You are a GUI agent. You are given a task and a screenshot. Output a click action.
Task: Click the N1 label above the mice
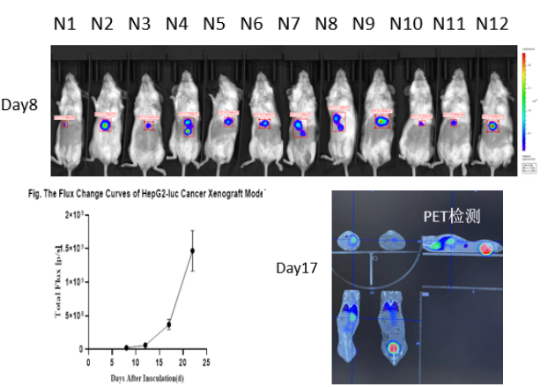pos(63,24)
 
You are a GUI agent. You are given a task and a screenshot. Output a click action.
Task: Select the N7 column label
pos(290,24)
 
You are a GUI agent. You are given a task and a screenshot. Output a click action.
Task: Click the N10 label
pos(406,24)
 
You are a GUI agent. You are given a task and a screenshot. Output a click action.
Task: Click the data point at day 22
pos(192,250)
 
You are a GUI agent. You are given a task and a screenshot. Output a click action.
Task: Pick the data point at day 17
pos(168,324)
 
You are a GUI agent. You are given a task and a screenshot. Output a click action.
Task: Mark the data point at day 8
pos(127,347)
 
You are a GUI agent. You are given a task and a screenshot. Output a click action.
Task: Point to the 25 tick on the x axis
pos(206,359)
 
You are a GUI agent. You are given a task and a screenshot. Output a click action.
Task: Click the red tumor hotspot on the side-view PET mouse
pos(485,249)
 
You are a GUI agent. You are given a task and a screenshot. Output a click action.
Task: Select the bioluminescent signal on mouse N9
pos(381,122)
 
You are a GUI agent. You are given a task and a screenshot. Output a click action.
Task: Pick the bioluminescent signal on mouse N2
pos(106,126)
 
